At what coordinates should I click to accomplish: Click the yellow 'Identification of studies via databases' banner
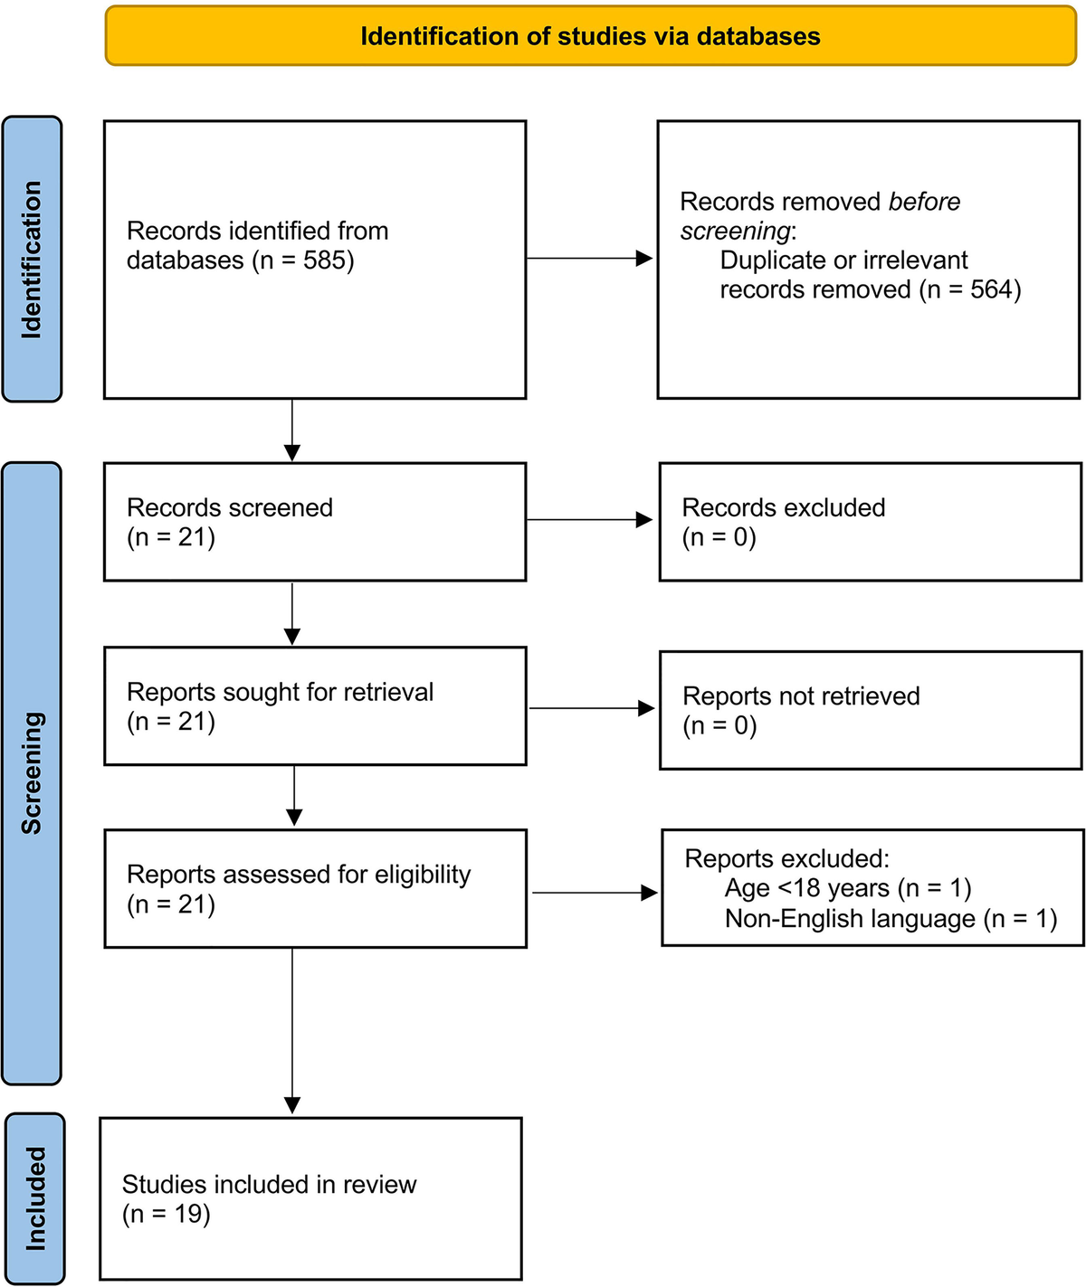[591, 36]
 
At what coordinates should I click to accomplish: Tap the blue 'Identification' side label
[32, 259]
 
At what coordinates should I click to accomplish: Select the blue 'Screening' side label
[32, 773]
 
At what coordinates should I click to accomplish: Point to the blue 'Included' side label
[35, 1198]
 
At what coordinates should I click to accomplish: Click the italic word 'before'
[924, 202]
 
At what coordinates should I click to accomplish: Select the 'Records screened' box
[315, 522]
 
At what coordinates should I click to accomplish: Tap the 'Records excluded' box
[870, 522]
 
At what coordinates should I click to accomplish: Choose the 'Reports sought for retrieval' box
[315, 706]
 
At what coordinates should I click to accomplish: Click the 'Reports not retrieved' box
[871, 711]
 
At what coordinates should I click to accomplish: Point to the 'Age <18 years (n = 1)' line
[848, 888]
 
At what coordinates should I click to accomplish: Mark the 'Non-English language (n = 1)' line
[891, 918]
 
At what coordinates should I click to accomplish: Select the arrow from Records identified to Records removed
[589, 259]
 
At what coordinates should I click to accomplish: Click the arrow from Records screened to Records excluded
[589, 520]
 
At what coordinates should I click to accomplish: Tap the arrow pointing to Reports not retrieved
[592, 708]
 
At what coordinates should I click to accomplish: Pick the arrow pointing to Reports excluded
[595, 893]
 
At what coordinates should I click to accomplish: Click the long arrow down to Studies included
[292, 1030]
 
